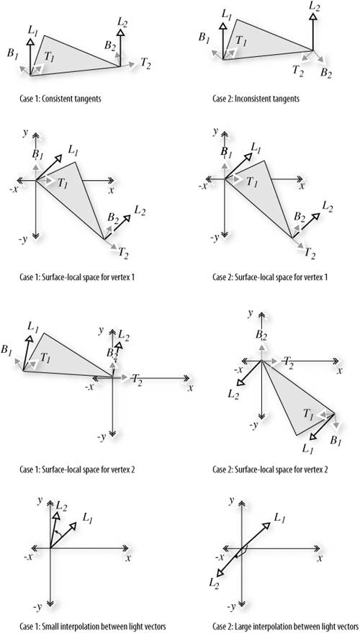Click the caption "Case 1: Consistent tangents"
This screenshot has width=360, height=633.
click(60, 99)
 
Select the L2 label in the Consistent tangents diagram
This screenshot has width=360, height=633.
click(123, 22)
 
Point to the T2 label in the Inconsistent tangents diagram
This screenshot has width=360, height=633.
click(298, 70)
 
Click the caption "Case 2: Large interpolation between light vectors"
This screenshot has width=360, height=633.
click(286, 626)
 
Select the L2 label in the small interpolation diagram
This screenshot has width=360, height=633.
click(61, 505)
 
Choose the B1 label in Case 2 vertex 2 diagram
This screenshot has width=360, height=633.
click(336, 441)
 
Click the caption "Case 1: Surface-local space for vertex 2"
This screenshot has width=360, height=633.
click(77, 470)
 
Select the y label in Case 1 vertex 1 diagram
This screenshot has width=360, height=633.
click(25, 133)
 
